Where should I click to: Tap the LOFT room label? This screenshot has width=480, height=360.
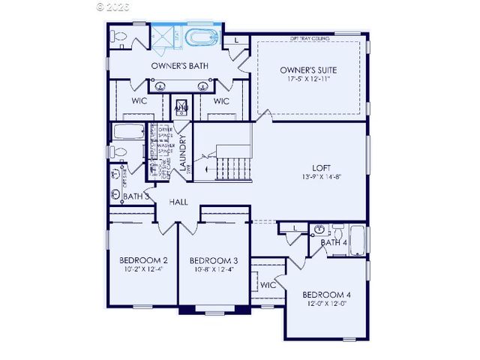[322, 168]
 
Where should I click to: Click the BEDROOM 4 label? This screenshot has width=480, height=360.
[327, 295]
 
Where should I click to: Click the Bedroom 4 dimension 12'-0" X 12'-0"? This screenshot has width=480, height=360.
[327, 304]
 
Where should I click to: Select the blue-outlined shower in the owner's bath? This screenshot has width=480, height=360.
[164, 36]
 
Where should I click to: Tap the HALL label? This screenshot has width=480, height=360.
[178, 202]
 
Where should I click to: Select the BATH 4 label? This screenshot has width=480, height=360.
[334, 242]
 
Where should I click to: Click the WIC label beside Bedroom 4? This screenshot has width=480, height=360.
[268, 285]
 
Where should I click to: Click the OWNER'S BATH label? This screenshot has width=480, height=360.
[179, 66]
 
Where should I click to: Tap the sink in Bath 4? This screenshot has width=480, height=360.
[320, 229]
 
